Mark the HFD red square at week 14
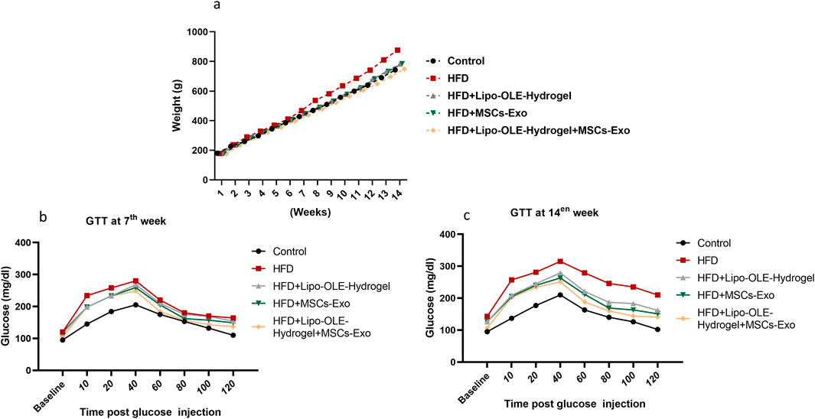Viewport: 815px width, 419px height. (x=398, y=50)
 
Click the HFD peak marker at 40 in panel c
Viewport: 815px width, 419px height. (x=560, y=261)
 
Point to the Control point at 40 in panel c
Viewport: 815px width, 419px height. (x=560, y=295)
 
